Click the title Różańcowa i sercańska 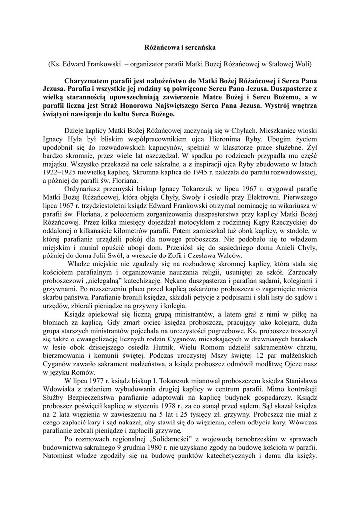pos(180,48)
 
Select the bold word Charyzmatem pos(90,80)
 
